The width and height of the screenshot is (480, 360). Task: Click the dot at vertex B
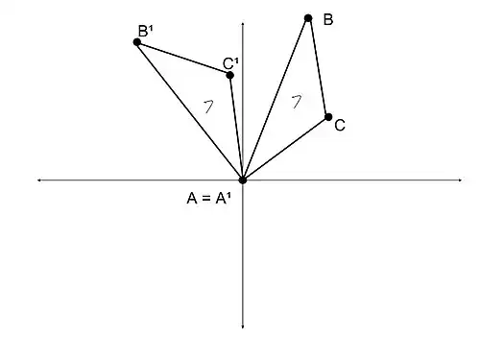[308, 17]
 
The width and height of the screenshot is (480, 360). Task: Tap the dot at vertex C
[328, 117]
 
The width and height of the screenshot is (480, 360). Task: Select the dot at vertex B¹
[137, 41]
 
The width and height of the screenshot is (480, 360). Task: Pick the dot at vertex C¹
[229, 75]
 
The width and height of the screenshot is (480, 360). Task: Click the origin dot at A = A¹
[243, 180]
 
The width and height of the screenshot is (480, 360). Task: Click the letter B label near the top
[328, 19]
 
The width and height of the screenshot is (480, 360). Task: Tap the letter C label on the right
[341, 125]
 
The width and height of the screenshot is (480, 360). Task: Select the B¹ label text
[146, 31]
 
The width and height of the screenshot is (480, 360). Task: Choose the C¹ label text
[230, 63]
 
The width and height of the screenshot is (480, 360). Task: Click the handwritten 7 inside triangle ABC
[297, 99]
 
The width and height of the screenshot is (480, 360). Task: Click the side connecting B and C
[318, 67]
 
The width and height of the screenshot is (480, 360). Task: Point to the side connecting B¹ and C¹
[183, 58]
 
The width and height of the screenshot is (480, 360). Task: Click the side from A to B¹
[190, 110]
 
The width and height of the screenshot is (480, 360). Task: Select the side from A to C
[286, 148]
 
